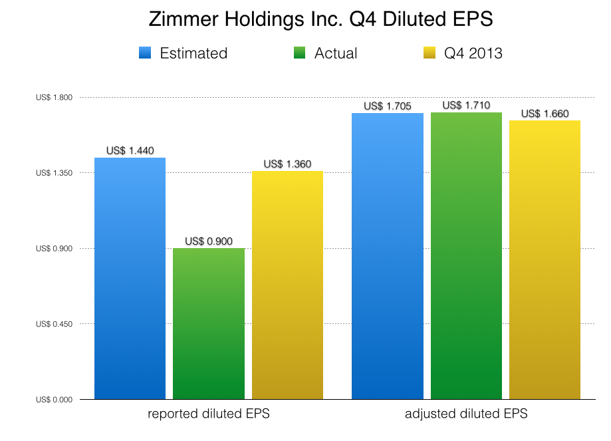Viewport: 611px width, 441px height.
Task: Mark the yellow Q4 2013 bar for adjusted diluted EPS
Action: pyautogui.click(x=545, y=259)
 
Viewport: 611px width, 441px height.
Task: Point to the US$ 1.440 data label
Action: pyautogui.click(x=130, y=151)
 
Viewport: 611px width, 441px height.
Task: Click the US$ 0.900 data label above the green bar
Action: pyautogui.click(x=209, y=241)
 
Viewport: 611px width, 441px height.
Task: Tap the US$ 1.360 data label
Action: pyautogui.click(x=287, y=164)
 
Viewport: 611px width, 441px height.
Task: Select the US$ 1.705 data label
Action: pyautogui.click(x=388, y=106)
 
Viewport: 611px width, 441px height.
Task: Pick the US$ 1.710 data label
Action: pyautogui.click(x=466, y=106)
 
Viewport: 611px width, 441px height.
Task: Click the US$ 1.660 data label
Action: pyautogui.click(x=545, y=114)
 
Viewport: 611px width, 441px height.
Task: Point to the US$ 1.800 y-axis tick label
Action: pyautogui.click(x=55, y=98)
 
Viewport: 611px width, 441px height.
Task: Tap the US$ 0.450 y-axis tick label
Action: pyautogui.click(x=55, y=324)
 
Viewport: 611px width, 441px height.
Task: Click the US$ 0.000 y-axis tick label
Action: pyautogui.click(x=55, y=400)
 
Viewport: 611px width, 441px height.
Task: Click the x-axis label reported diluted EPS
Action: pyautogui.click(x=209, y=414)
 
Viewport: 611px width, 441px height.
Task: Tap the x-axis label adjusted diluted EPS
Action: pyautogui.click(x=466, y=414)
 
